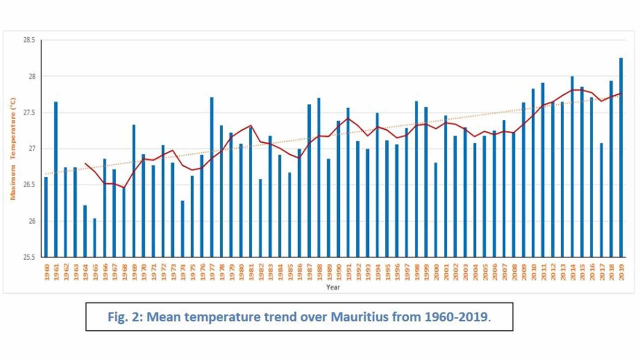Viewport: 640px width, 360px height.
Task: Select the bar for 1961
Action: click(55, 179)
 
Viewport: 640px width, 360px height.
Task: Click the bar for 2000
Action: click(436, 210)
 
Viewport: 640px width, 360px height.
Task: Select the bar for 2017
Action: click(601, 200)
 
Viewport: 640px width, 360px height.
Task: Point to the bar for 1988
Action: click(319, 177)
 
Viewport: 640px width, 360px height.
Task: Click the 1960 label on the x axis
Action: click(46, 273)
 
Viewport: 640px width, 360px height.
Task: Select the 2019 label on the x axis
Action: click(621, 273)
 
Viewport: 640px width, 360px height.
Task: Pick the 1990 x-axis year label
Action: click(338, 273)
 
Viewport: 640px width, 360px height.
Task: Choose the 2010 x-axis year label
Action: click(533, 273)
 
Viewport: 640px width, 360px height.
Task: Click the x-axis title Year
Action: click(333, 287)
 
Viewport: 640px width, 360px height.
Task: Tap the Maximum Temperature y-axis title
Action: click(13, 148)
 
